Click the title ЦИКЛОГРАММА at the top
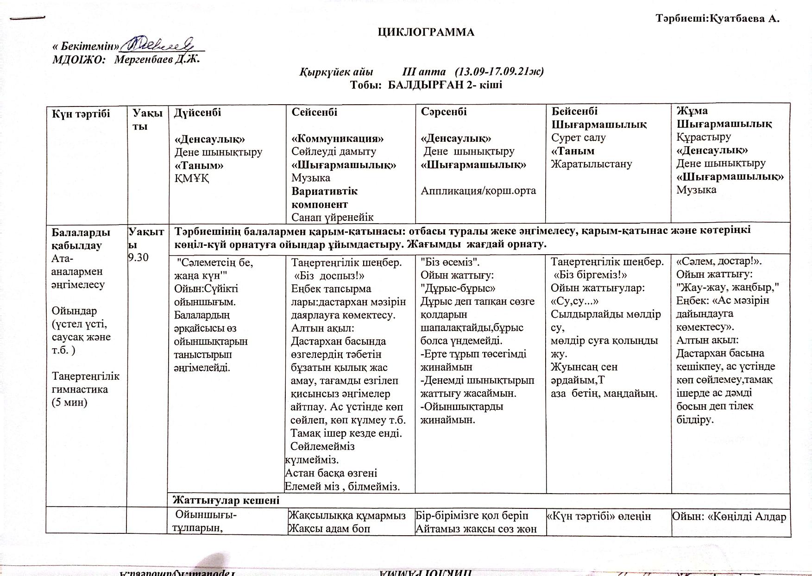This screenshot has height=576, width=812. [426, 32]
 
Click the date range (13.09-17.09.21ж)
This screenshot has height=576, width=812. [499, 72]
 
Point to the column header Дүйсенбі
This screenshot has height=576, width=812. [197, 113]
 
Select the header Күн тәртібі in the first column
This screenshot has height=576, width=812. [81, 114]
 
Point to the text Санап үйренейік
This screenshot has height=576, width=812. [332, 217]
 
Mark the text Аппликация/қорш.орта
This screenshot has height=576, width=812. [478, 191]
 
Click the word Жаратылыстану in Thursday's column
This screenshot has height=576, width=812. [591, 164]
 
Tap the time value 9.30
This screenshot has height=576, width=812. [138, 258]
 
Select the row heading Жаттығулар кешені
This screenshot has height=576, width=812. [226, 500]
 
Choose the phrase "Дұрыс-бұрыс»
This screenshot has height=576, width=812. [458, 288]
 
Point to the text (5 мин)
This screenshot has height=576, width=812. [69, 402]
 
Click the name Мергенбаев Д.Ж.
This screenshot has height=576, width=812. [157, 60]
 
